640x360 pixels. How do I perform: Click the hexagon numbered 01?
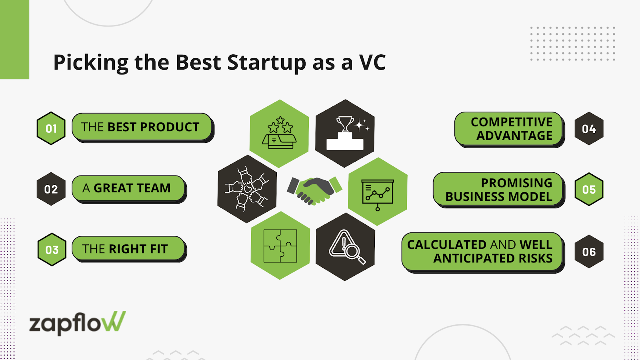(x=51, y=128)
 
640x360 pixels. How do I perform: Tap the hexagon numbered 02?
(x=51, y=189)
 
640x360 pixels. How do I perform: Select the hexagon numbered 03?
(x=52, y=250)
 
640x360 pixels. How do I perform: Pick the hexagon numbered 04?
(x=589, y=128)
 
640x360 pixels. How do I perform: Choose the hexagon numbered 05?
(x=589, y=189)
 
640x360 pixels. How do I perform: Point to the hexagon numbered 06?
(x=589, y=252)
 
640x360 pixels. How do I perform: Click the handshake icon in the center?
(x=314, y=190)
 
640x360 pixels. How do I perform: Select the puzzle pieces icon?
(x=280, y=246)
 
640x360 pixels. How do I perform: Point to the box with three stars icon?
(x=279, y=133)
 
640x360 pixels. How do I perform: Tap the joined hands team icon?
(x=247, y=189)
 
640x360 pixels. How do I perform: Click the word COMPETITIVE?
(x=512, y=122)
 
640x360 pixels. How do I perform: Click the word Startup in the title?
(x=266, y=62)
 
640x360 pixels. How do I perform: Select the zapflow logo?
(x=78, y=323)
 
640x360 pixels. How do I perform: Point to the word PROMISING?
(x=516, y=183)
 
